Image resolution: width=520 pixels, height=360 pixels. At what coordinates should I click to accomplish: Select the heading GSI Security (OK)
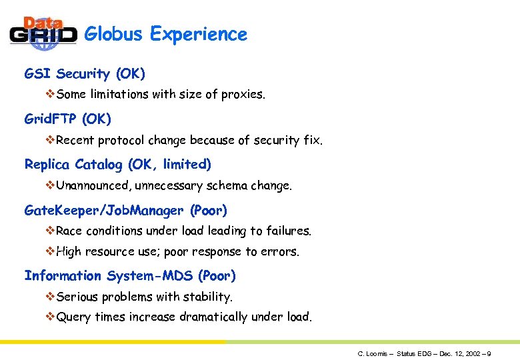coord(85,73)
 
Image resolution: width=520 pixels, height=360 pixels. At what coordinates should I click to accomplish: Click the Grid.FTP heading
coord(67,119)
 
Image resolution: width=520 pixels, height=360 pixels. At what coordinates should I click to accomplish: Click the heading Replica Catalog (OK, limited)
coord(117,164)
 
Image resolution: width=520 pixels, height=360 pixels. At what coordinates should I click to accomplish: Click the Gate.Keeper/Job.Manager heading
coord(125,211)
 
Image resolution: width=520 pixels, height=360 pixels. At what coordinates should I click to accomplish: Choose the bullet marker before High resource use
coord(50,252)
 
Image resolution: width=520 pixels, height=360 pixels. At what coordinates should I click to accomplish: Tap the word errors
coord(283,252)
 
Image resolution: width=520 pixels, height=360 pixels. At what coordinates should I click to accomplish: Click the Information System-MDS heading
coord(130,275)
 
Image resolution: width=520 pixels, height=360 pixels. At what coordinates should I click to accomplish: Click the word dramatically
coord(214,317)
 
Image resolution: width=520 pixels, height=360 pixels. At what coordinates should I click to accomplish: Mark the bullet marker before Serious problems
coord(50,296)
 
